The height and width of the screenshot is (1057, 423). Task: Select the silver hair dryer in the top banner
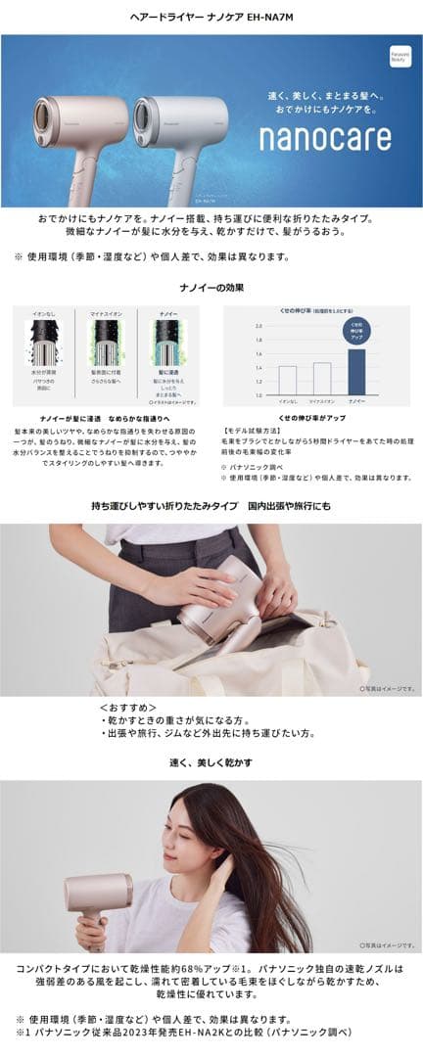(181, 122)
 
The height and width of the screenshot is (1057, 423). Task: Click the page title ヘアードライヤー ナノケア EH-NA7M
(211, 18)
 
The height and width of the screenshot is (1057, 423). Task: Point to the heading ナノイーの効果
(211, 287)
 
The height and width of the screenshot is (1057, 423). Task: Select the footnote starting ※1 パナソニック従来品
(182, 1032)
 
